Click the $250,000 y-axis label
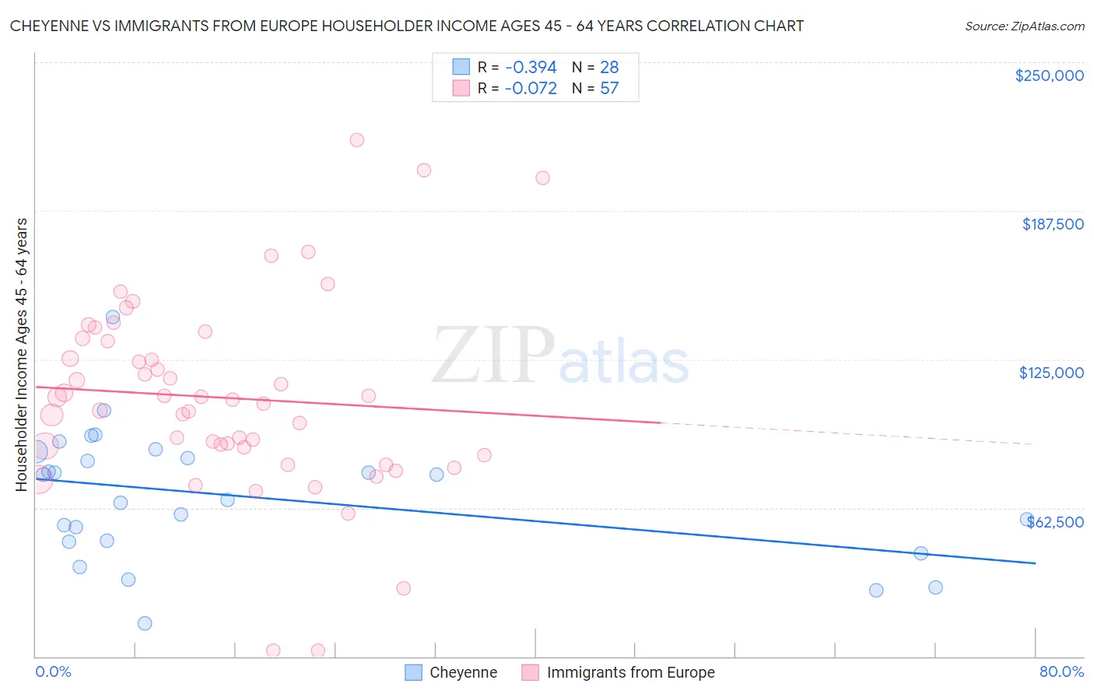click(1049, 75)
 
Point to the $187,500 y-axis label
click(1052, 224)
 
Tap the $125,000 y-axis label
click(1051, 373)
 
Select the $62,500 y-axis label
click(1055, 522)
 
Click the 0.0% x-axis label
click(53, 671)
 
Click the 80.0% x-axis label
click(1061, 671)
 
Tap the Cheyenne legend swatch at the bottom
click(413, 672)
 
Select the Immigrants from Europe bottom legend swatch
click(530, 672)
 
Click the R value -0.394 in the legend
click(531, 68)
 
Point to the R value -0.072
click(531, 89)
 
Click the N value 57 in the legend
click(609, 89)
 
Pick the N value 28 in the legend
click(609, 68)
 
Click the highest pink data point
click(356, 140)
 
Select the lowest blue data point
click(145, 623)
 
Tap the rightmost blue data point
click(1027, 519)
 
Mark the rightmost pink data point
click(542, 178)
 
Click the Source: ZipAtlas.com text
click(1024, 26)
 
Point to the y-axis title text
click(22, 354)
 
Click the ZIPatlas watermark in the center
click(560, 356)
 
